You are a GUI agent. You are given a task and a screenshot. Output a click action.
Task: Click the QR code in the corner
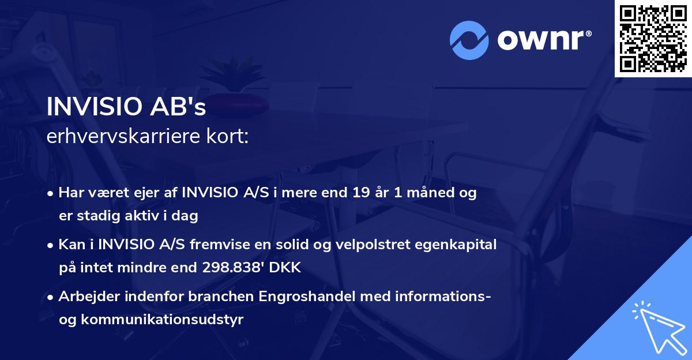click(x=653, y=38)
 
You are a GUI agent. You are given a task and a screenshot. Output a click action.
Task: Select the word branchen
click(x=221, y=297)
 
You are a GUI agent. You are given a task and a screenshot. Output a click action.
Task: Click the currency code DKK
click(x=286, y=268)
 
